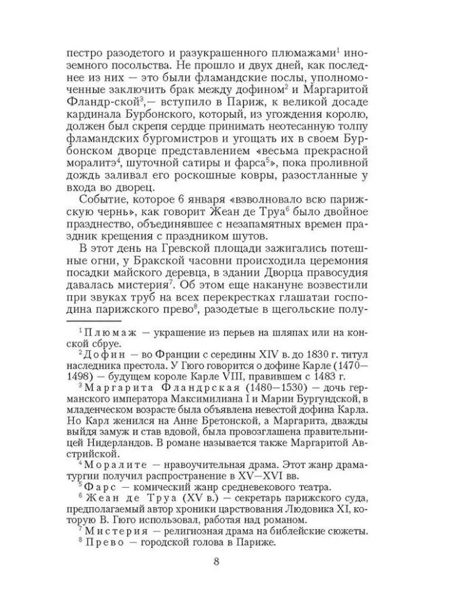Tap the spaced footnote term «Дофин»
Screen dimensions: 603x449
[106, 354]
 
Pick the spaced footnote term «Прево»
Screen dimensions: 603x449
[104, 543]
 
